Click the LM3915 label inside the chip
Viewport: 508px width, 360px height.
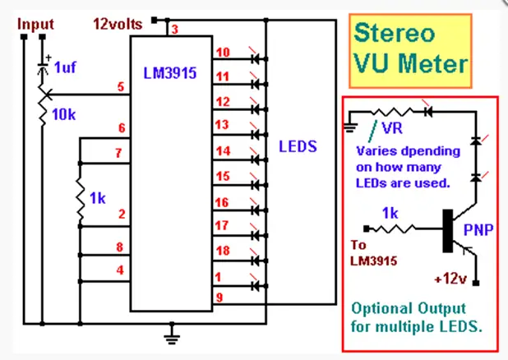(x=170, y=73)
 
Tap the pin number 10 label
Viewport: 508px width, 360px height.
(x=223, y=53)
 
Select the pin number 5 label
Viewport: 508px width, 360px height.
(x=121, y=87)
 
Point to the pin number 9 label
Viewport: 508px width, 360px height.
(x=219, y=298)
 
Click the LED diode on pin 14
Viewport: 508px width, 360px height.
(x=256, y=159)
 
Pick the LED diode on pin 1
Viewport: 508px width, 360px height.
(x=256, y=286)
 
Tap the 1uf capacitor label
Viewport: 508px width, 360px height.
(x=65, y=67)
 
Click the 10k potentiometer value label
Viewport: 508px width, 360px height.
(x=64, y=115)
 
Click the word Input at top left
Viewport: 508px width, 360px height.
(x=35, y=25)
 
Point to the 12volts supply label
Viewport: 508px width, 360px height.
(x=118, y=25)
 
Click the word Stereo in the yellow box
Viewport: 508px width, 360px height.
(x=395, y=34)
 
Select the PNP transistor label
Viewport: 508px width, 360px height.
(x=478, y=230)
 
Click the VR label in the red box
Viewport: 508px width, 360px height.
(x=392, y=128)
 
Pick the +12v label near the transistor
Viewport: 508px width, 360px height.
(x=450, y=279)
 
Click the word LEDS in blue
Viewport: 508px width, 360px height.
(x=298, y=146)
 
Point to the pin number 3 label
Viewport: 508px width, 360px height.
(x=175, y=30)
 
